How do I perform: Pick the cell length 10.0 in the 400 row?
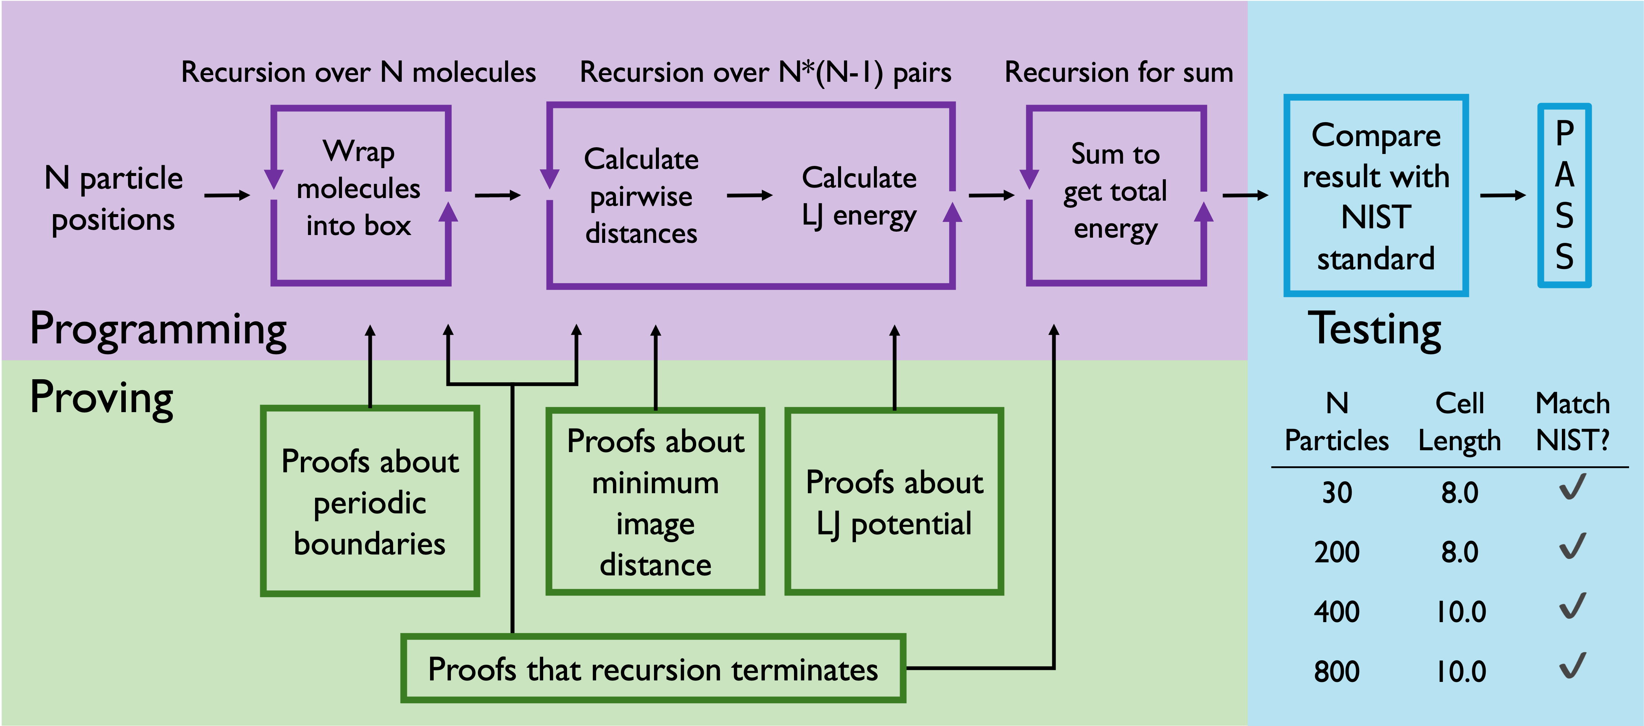(1460, 612)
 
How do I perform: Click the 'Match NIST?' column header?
(1573, 421)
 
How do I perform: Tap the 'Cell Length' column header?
(1460, 421)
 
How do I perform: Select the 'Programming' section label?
(158, 330)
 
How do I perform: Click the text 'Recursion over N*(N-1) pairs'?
(765, 72)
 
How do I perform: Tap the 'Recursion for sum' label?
(1119, 72)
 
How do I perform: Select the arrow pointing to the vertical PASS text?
(1502, 195)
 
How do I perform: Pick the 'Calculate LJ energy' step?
(859, 197)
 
